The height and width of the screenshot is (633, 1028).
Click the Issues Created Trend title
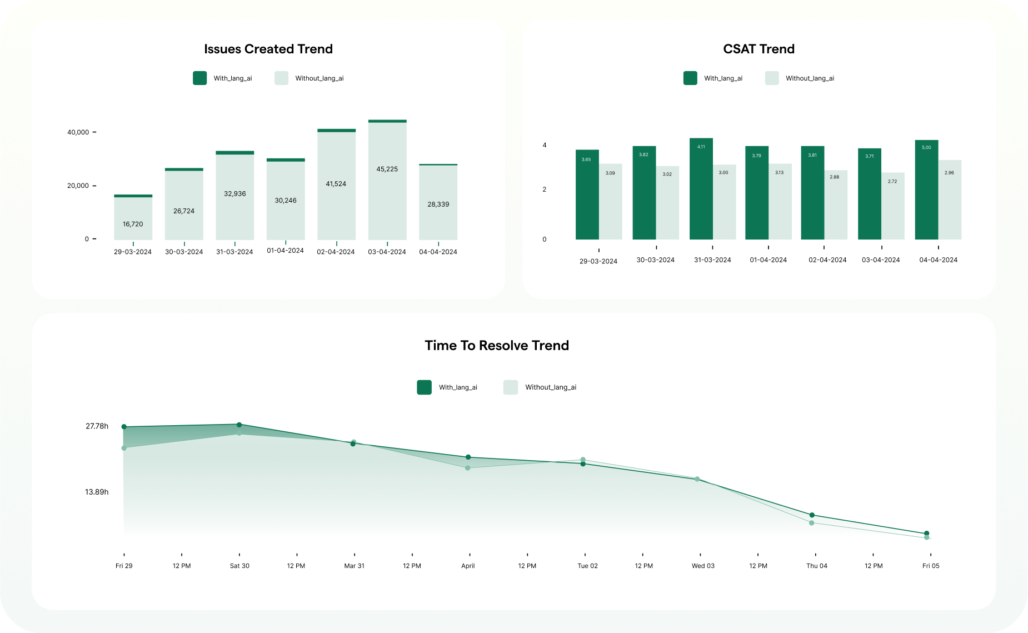268,49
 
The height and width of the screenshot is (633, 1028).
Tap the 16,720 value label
133,224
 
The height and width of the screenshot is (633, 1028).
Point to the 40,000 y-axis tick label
78,132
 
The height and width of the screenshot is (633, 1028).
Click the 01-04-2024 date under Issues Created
285,251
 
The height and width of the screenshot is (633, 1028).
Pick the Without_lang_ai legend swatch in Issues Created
282,78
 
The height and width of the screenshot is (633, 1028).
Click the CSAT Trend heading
758,49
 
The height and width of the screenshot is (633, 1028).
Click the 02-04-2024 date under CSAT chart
827,260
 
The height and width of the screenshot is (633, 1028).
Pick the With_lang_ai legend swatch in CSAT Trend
690,78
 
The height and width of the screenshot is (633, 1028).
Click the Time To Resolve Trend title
497,346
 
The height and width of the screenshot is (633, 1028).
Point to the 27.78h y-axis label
97,426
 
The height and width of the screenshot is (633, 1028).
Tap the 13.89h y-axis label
97,492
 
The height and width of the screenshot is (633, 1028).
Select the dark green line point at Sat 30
239,425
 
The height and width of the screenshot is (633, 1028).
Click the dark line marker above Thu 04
812,515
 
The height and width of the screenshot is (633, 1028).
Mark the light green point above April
468,468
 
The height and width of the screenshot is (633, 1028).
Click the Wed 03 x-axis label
703,566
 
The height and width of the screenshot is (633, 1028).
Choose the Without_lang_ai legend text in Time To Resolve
551,387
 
